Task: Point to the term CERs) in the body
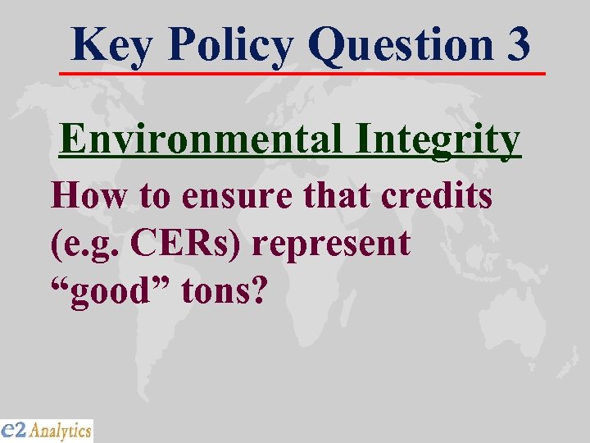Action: pos(200,244)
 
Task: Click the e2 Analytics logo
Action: pos(47,430)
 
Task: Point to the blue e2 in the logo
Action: pos(14,429)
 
